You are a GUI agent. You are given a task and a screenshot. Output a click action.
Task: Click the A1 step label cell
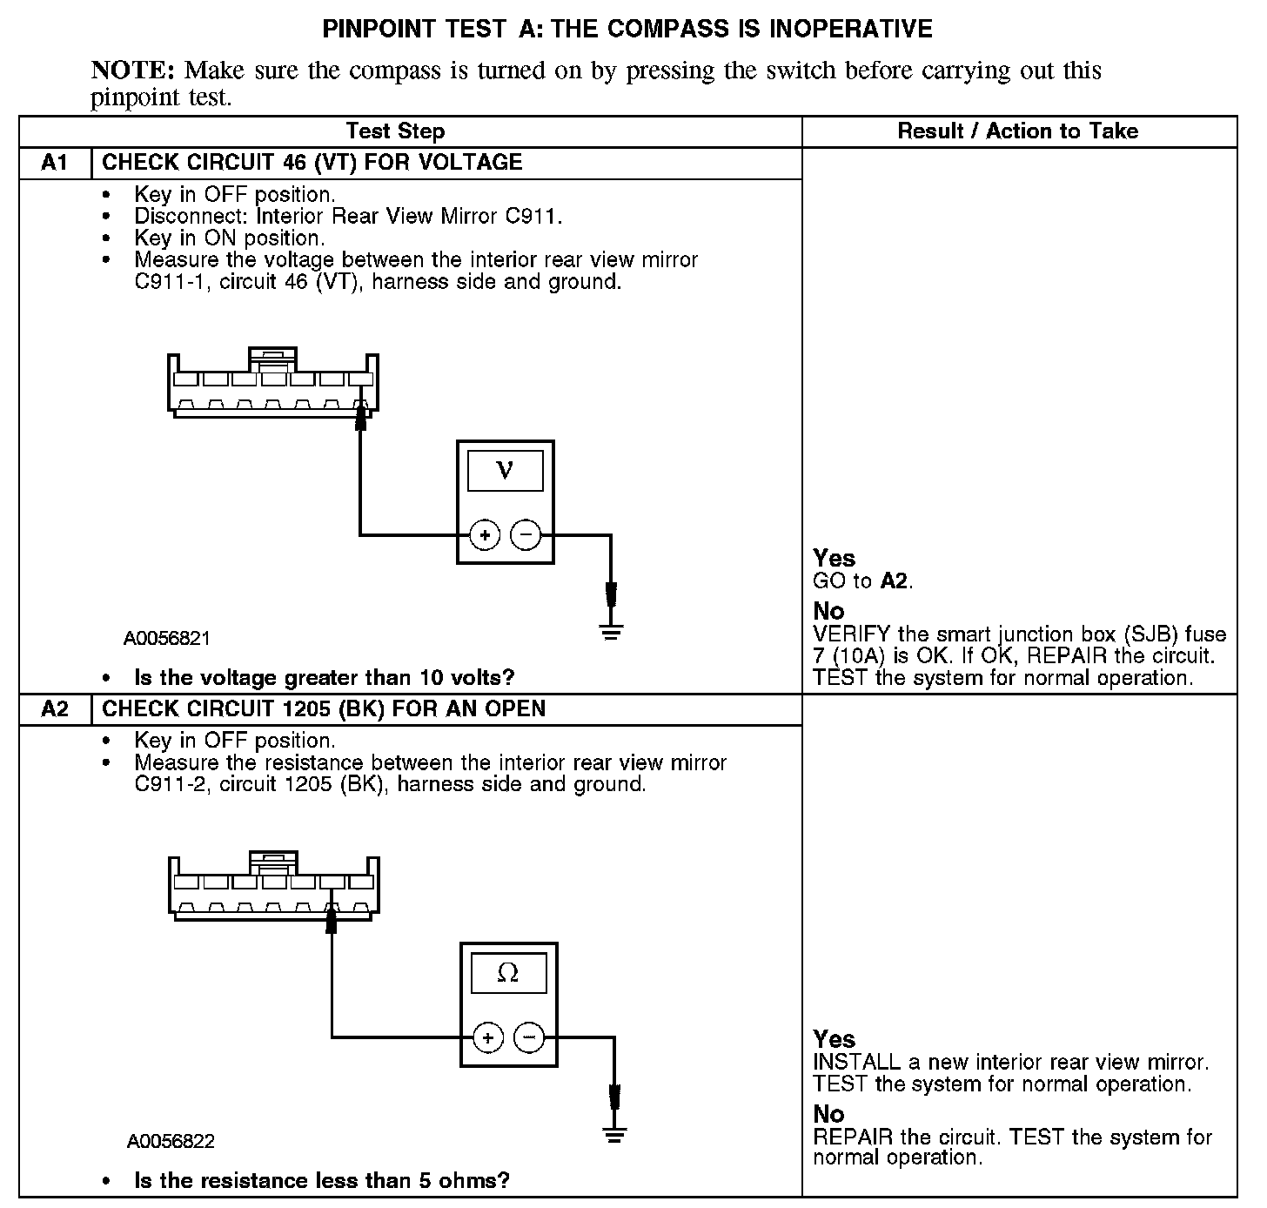point(55,163)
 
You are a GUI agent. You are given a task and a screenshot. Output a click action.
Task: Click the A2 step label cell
point(55,709)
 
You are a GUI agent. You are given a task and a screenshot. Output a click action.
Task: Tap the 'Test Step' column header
point(395,131)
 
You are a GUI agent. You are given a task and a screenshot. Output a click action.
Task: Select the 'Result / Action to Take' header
point(1017,131)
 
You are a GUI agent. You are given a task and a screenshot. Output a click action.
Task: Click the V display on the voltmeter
point(505,471)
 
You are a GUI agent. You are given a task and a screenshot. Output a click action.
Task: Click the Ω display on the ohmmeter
point(508,973)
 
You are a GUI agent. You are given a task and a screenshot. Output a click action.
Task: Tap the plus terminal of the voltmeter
point(485,534)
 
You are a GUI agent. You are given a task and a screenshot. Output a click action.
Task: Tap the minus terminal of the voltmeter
point(525,534)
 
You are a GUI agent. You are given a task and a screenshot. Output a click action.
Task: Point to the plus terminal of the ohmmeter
point(488,1037)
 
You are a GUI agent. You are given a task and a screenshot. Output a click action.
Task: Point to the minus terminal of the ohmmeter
point(529,1037)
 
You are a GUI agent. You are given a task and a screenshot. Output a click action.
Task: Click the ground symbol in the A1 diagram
point(612,630)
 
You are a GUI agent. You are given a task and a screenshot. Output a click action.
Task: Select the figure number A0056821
point(167,638)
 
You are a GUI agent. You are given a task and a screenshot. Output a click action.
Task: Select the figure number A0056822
point(171,1141)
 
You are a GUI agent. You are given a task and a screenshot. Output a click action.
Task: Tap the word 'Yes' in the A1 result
point(834,558)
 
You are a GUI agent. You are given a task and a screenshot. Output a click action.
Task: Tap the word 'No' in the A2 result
point(828,1114)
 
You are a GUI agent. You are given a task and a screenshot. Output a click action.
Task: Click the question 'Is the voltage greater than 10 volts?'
point(324,677)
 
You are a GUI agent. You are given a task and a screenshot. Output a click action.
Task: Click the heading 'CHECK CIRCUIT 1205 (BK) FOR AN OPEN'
point(324,709)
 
